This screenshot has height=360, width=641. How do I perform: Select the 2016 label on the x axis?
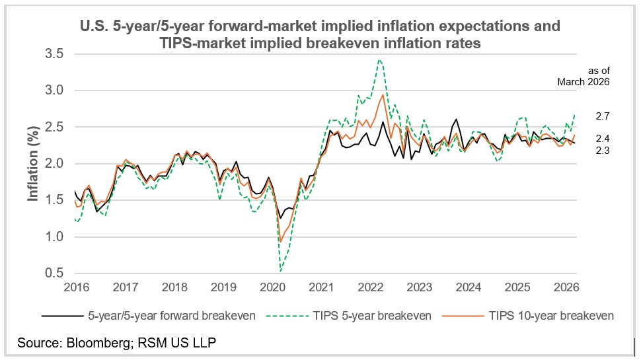[x=75, y=287]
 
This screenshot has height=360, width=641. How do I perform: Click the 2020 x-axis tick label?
[x=272, y=287]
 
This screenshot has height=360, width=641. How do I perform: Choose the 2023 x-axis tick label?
[x=420, y=287]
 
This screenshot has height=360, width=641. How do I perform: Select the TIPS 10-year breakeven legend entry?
[x=550, y=316]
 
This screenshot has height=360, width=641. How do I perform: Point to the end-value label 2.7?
[x=602, y=116]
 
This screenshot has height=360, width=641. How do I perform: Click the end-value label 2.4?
[x=602, y=138]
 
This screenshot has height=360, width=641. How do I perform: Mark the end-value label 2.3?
[x=602, y=151]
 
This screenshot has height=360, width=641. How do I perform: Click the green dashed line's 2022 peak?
[x=379, y=60]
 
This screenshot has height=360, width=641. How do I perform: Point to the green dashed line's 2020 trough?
[x=281, y=271]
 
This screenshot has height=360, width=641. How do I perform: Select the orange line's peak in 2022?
[x=383, y=94]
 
